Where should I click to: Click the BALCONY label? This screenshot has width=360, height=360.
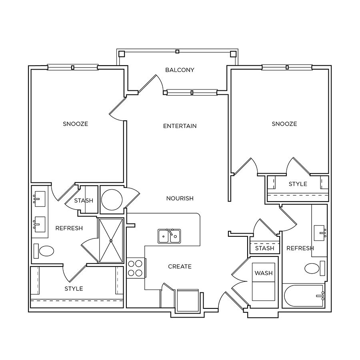(180, 70)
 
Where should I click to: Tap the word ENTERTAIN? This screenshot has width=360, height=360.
(180, 126)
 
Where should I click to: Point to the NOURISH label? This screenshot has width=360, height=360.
(180, 198)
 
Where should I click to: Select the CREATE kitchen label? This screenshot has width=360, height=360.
(180, 266)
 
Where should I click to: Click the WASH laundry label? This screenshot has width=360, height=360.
(264, 273)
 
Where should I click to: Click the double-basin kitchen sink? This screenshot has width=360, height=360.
(169, 236)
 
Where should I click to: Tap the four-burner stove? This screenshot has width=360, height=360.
(136, 268)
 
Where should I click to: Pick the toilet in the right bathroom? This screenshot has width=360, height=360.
(315, 268)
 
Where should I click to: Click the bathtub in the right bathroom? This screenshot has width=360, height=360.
(304, 296)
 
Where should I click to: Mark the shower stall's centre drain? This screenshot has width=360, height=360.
(111, 241)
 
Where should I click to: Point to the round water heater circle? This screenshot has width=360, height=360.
(112, 200)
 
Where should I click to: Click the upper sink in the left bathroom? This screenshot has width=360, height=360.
(39, 199)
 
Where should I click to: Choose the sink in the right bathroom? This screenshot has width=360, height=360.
(320, 233)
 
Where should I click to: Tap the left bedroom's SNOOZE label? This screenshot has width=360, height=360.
(76, 124)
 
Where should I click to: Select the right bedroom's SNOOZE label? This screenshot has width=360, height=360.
(284, 124)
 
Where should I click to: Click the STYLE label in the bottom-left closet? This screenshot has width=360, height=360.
(74, 288)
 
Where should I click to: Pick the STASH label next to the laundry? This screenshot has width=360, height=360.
(265, 248)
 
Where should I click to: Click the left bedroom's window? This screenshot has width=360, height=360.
(73, 67)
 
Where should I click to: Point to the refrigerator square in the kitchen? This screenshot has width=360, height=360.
(188, 300)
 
